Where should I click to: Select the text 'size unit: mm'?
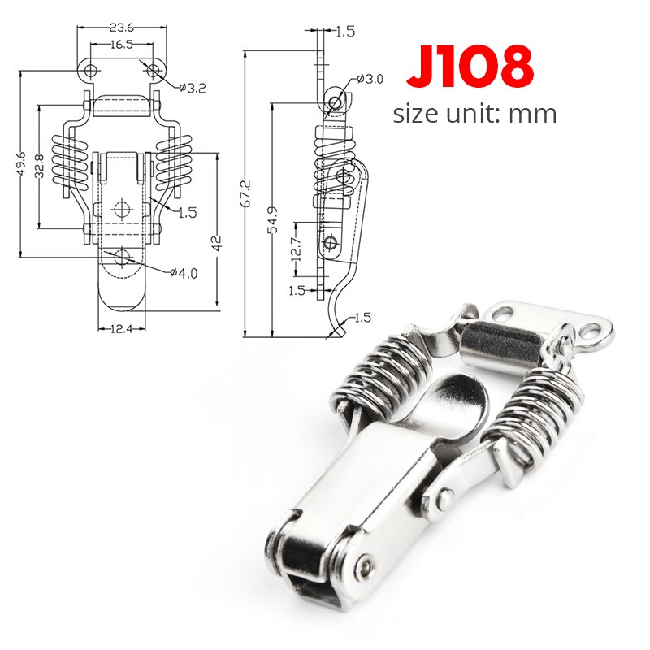pos(475,113)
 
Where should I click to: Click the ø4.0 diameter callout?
pos(184,273)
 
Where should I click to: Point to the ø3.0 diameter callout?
pos(370,80)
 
